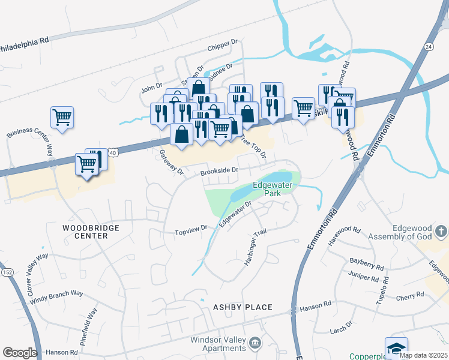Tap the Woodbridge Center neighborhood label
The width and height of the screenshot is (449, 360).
(91, 232)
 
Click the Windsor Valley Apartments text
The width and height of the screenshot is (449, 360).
(217, 344)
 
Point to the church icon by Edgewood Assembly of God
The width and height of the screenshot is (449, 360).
(441, 231)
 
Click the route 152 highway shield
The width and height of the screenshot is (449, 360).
(7, 272)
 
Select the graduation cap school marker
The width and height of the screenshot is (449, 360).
(396, 349)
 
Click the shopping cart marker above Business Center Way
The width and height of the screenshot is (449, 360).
(62, 118)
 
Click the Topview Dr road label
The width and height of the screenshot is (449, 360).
(190, 230)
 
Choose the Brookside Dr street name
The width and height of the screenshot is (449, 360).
(220, 171)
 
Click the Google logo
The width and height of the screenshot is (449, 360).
(19, 353)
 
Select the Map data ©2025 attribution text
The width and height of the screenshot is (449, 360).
(423, 355)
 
